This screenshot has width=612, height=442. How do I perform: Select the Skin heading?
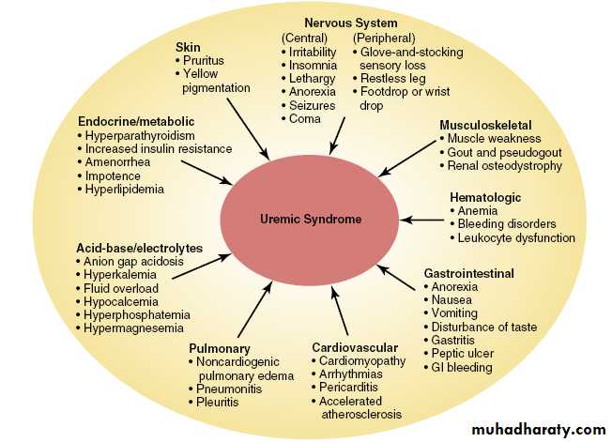[x=188, y=46]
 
